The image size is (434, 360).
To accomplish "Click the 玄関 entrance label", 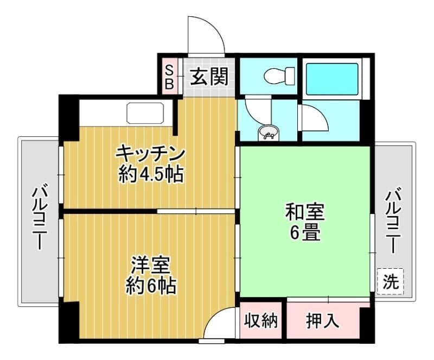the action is point(209,76).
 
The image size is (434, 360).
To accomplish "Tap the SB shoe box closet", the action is point(169,75).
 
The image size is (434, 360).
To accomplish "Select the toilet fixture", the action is point(279,75).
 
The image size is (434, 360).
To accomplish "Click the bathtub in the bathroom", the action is point(332,79).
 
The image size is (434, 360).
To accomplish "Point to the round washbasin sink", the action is point(268,133).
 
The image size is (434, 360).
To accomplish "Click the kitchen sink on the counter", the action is point(145,113).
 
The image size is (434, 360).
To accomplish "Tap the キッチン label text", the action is point(150,154).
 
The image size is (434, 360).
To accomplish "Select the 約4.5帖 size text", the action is point(151,175).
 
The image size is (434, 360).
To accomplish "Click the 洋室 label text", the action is point(150,266).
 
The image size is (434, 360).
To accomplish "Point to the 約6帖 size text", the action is point(151,286).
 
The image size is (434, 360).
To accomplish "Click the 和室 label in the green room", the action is point(305,212).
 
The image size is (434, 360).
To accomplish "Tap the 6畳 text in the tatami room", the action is point(305,232).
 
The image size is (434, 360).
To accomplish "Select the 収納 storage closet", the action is point(261,320).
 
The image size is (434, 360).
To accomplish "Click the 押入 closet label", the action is point(322,321).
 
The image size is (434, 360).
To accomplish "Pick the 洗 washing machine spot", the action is point(390,282).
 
